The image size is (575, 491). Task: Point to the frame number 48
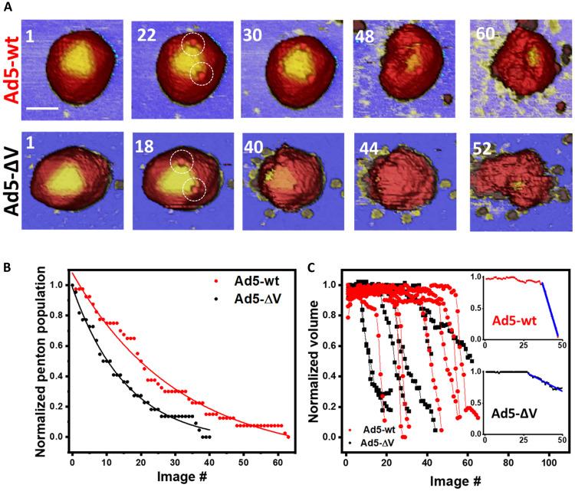(x=364, y=35)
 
